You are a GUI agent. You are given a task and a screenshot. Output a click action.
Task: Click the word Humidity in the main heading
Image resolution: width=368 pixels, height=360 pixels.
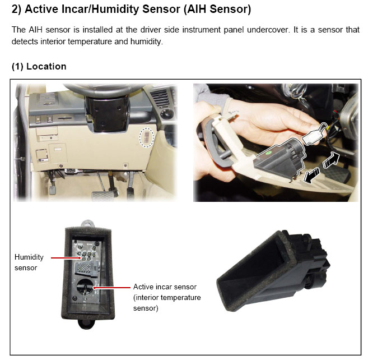click(115, 10)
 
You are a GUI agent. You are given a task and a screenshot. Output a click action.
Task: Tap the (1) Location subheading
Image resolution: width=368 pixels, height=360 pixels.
click(39, 67)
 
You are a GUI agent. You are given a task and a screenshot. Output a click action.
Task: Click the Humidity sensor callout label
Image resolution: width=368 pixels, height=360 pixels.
click(29, 262)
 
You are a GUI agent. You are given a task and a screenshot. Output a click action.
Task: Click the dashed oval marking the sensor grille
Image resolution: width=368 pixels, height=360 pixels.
click(147, 137)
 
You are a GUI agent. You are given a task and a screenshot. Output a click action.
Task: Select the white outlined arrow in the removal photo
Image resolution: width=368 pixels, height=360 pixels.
click(332, 159)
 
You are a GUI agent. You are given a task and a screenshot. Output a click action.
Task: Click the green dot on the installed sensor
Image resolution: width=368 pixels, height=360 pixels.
click(268, 153)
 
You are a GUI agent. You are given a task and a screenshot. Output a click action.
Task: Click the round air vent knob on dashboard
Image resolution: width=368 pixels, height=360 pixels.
click(167, 114)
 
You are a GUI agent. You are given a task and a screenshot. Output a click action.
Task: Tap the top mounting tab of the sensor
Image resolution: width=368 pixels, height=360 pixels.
click(87, 223)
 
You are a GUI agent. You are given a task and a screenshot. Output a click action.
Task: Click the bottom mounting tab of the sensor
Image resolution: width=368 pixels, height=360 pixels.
click(86, 324)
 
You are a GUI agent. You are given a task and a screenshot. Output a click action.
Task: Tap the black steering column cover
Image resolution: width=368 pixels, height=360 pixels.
click(108, 113)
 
